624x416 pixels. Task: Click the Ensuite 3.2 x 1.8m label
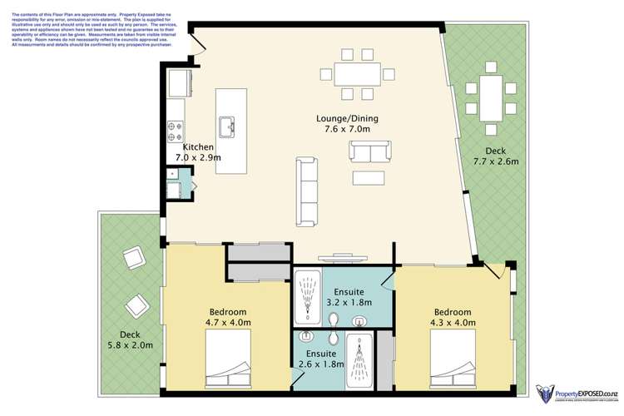(x=349, y=298)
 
